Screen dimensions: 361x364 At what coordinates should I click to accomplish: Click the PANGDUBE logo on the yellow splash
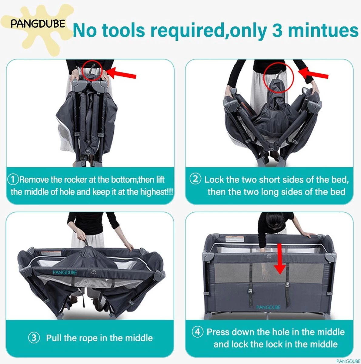[38, 24]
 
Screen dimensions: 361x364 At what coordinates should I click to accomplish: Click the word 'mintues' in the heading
[323, 30]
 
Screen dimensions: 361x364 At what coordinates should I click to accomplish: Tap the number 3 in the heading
[278, 30]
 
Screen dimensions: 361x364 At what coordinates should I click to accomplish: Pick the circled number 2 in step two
[196, 179]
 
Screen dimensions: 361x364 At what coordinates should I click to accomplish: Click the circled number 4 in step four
[198, 332]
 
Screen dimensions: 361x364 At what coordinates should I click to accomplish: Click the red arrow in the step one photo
[121, 73]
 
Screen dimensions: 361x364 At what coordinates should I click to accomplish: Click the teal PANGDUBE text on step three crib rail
[65, 272]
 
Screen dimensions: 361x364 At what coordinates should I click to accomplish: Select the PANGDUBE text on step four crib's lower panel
[268, 307]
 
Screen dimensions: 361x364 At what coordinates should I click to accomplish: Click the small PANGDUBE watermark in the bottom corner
[348, 361]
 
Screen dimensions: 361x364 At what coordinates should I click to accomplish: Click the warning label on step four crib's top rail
[235, 239]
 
